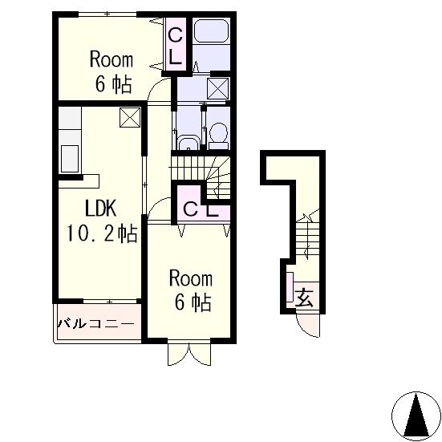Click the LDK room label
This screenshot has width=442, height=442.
pyautogui.click(x=100, y=208)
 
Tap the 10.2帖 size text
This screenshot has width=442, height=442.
pyautogui.click(x=102, y=233)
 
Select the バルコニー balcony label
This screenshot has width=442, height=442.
pyautogui.click(x=95, y=323)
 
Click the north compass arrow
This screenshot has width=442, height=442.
pyautogui.click(x=416, y=415)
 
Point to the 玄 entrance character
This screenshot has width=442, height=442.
pyautogui.click(x=304, y=298)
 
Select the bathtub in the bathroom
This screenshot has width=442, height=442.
pyautogui.click(x=211, y=30)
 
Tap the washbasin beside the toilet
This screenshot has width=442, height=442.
pyautogui.click(x=188, y=143)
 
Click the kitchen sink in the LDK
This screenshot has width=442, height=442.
pyautogui.click(x=70, y=159)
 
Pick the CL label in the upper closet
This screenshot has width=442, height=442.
pyautogui.click(x=175, y=47)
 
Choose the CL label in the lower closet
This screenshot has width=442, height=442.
pyautogui.click(x=201, y=209)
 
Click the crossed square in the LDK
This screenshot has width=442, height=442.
pyautogui.click(x=130, y=117)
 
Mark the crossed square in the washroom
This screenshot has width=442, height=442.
pyautogui.click(x=217, y=88)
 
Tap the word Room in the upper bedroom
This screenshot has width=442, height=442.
pyautogui.click(x=112, y=59)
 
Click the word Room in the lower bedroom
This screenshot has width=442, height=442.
pyautogui.click(x=191, y=278)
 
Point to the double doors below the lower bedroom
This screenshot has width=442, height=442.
pyautogui.click(x=189, y=354)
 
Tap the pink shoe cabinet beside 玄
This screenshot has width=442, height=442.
pyautogui.click(x=290, y=287)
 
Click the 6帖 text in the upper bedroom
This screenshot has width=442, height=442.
pyautogui.click(x=113, y=84)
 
